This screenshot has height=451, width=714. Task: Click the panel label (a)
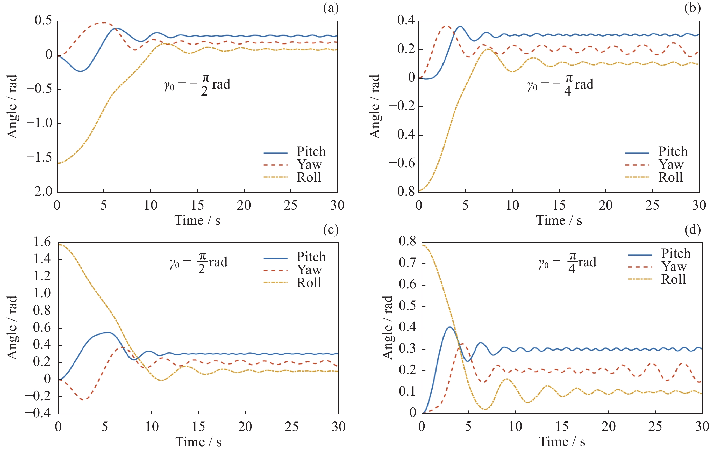331,8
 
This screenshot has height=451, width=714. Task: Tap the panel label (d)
693,230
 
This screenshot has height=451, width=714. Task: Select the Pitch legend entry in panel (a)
311,152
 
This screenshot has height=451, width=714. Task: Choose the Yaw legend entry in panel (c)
309,270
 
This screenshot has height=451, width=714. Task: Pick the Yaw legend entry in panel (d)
674,266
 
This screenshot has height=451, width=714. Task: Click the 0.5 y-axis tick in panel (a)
43,20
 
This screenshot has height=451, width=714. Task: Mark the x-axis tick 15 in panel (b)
559,205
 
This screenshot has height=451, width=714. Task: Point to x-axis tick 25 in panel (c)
292,427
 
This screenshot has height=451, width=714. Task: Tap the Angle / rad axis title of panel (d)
388,328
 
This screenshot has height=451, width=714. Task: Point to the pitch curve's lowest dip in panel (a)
80,71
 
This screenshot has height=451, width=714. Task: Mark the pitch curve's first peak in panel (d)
450,327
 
